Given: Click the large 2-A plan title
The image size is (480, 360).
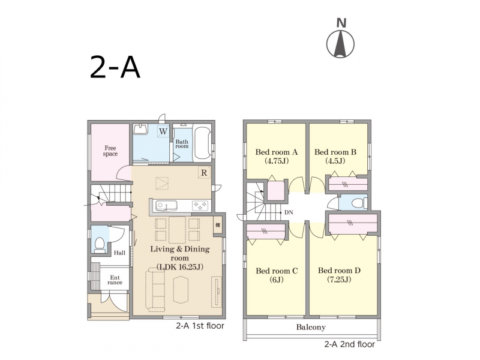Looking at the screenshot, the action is [x=115, y=67].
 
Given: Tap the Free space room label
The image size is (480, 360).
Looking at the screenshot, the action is [x=110, y=151].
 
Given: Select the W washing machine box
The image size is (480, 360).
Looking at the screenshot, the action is [x=163, y=131].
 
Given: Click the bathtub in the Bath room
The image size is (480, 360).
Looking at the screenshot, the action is [x=202, y=143].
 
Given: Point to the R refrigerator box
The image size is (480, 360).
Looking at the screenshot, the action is [x=204, y=173].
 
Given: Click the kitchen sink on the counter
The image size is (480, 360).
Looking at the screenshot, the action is [x=166, y=206].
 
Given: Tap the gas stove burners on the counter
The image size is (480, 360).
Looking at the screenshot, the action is [x=200, y=206].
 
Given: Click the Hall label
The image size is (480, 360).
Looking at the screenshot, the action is [x=119, y=253].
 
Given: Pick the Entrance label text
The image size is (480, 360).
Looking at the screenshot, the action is [x=115, y=280].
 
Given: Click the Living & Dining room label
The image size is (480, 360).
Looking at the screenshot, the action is [x=179, y=258].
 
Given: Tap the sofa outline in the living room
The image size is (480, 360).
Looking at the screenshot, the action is [x=155, y=290].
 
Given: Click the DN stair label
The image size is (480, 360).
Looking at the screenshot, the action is [x=289, y=212].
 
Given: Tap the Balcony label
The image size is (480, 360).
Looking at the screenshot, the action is [x=311, y=327].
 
